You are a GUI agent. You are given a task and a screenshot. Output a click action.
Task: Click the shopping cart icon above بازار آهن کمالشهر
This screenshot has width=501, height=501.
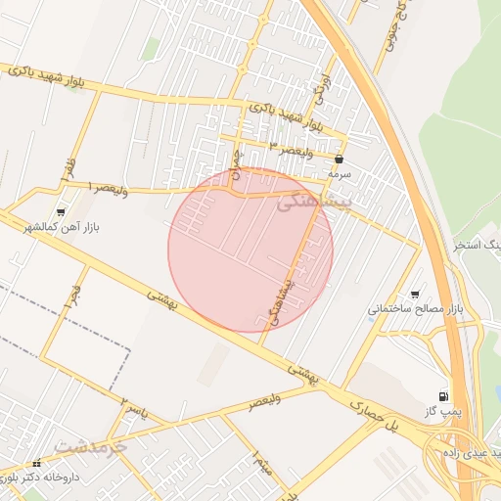click(62, 211)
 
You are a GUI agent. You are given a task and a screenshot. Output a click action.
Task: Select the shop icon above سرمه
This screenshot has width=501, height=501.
click(339, 158)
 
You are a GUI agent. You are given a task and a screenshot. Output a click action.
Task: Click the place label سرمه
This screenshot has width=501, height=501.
click(339, 172)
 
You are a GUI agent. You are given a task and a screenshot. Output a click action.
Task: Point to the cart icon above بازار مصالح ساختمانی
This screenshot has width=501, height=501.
click(415, 294)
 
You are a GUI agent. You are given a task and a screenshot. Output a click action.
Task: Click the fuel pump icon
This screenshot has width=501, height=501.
click(445, 396)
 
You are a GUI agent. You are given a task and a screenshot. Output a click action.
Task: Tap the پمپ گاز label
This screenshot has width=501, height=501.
click(444, 413)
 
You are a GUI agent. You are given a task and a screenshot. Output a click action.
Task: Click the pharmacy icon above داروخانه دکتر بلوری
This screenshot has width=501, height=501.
click(36, 463)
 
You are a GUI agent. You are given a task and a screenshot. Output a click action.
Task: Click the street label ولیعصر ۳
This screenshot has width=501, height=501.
click(293, 146)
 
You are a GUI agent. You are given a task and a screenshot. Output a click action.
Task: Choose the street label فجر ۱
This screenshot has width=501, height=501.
click(70, 295)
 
